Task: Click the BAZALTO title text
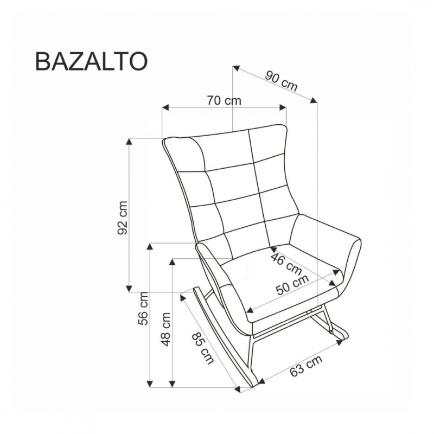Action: (x=91, y=62)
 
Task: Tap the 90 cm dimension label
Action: (x=281, y=81)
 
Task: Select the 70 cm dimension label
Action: (x=224, y=100)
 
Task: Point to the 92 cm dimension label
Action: (x=123, y=218)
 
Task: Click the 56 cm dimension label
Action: (x=143, y=309)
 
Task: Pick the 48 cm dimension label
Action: (x=165, y=329)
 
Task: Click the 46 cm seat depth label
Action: (x=286, y=264)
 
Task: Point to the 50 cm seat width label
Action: (x=292, y=285)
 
